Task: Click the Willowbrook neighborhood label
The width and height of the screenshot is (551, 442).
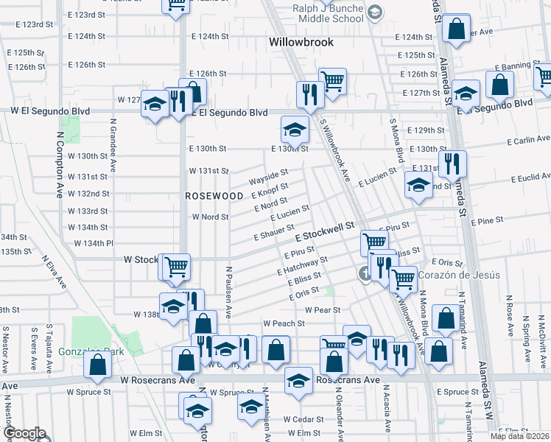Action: click(x=303, y=42)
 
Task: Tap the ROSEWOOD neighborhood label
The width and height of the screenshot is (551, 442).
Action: click(x=214, y=196)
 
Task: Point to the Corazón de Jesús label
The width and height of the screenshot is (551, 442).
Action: click(x=459, y=276)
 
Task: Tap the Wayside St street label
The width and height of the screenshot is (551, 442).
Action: click(x=267, y=178)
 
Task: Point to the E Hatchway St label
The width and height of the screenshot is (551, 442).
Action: click(x=302, y=266)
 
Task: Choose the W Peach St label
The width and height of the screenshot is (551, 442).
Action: click(x=284, y=323)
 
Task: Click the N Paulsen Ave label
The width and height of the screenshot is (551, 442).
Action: click(x=229, y=291)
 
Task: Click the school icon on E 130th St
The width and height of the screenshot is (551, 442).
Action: click(x=295, y=131)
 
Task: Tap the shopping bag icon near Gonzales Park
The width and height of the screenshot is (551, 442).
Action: click(x=97, y=365)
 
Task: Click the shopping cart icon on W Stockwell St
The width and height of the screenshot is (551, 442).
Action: click(x=176, y=267)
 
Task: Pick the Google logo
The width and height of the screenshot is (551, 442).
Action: click(x=24, y=434)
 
